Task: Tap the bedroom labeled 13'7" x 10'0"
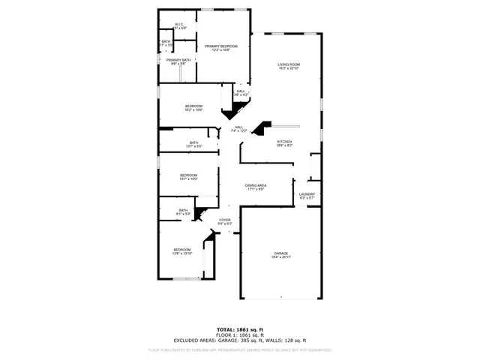(188, 177)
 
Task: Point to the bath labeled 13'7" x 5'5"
(193, 144)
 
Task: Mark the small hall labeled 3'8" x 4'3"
(240, 93)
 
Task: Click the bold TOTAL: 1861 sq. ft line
(240, 329)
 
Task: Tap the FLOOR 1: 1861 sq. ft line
(240, 334)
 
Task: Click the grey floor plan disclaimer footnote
(240, 349)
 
